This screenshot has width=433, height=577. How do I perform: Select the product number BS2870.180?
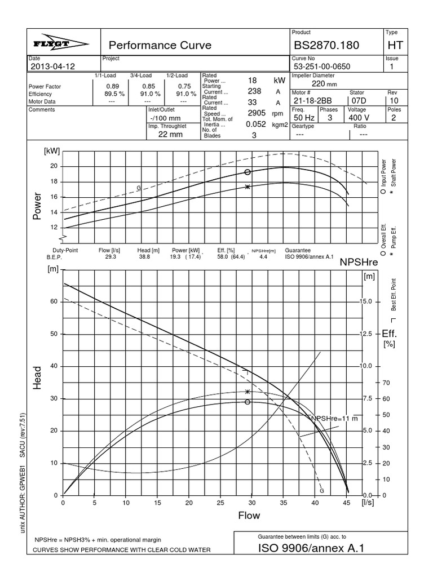pos(326,45)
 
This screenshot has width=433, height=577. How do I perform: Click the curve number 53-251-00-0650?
pos(321,66)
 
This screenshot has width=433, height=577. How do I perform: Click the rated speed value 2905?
pos(256,113)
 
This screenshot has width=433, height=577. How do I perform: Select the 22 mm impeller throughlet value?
pos(170,135)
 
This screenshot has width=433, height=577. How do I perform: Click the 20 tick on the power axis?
pos(54,166)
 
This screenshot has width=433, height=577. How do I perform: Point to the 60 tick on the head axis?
pos(54,301)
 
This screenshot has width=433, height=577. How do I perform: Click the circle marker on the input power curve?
pos(247,172)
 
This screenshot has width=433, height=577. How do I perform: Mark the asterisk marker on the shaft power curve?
pos(247,187)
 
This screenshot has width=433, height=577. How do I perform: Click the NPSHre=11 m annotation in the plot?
pos(334,419)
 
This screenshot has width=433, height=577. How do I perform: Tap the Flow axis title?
pos(249,515)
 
